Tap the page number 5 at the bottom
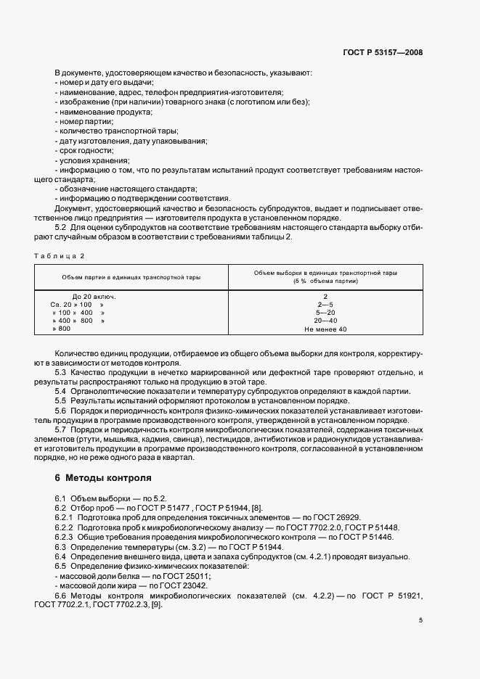pos(420,620)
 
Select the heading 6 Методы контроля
pos(103,479)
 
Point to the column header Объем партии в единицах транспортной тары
pos(131,277)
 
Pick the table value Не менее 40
pos(325,329)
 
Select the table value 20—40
pos(325,321)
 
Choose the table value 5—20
pos(325,313)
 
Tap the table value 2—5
pos(325,305)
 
